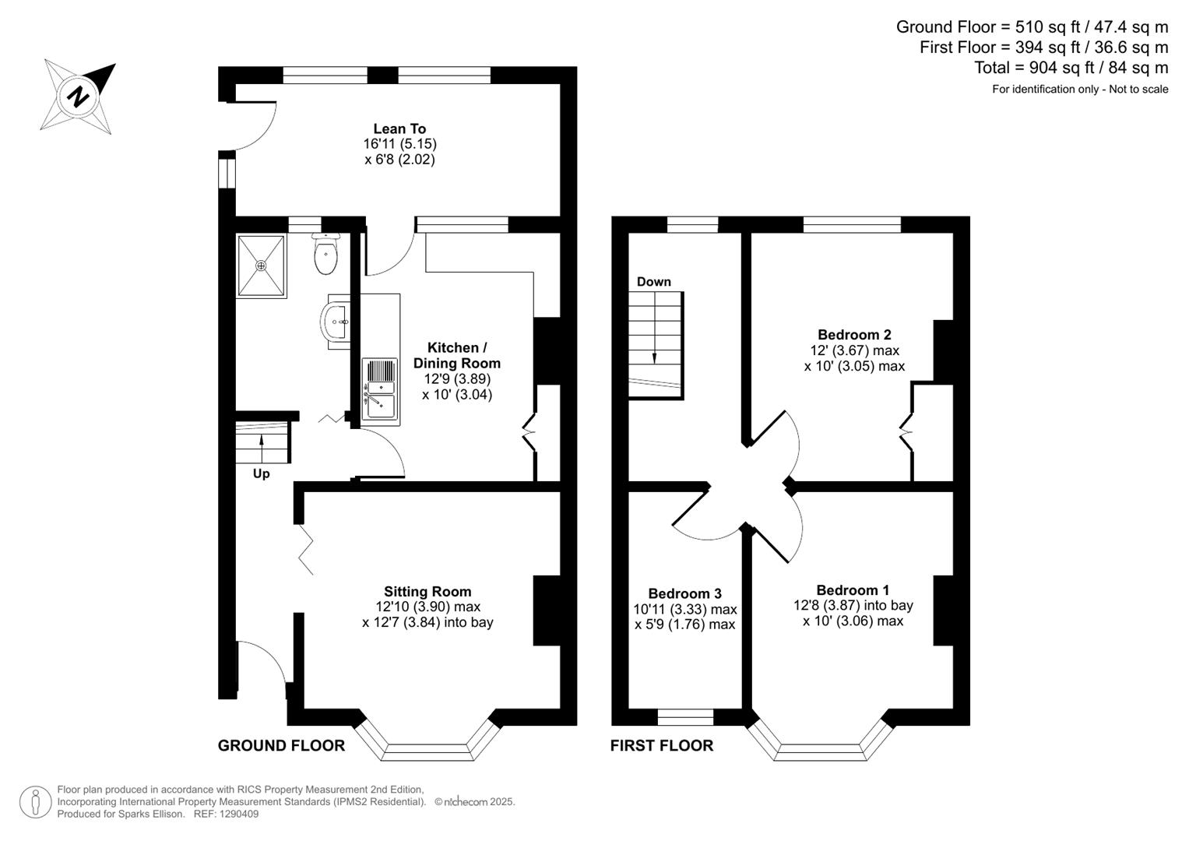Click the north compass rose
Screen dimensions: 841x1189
click(x=79, y=97)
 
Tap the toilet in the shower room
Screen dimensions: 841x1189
click(x=325, y=255)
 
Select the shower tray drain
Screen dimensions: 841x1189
click(x=261, y=266)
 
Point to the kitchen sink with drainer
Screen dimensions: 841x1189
click(x=380, y=389)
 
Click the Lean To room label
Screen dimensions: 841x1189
click(x=399, y=129)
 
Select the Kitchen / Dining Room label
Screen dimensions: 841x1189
click(x=457, y=355)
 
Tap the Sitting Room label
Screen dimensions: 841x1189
click(x=427, y=592)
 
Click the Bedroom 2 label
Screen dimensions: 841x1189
click(x=854, y=335)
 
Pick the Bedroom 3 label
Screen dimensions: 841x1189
click(x=684, y=594)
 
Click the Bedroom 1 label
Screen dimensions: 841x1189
click(x=853, y=590)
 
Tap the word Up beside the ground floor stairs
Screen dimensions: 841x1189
click(x=262, y=473)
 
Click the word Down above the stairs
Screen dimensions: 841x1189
click(x=653, y=282)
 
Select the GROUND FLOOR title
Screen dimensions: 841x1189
click(x=281, y=745)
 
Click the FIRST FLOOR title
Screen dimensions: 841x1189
click(x=661, y=745)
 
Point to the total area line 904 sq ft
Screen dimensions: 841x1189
click(x=1071, y=68)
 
